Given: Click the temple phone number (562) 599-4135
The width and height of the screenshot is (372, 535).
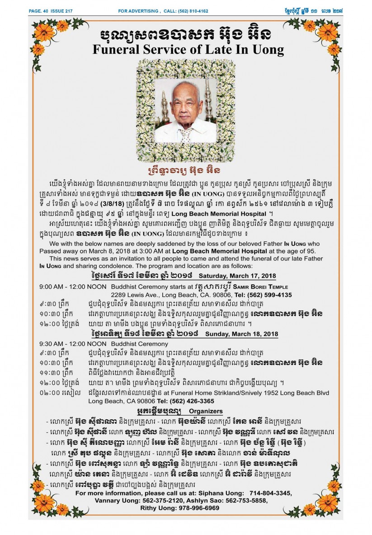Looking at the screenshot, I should [272, 295].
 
